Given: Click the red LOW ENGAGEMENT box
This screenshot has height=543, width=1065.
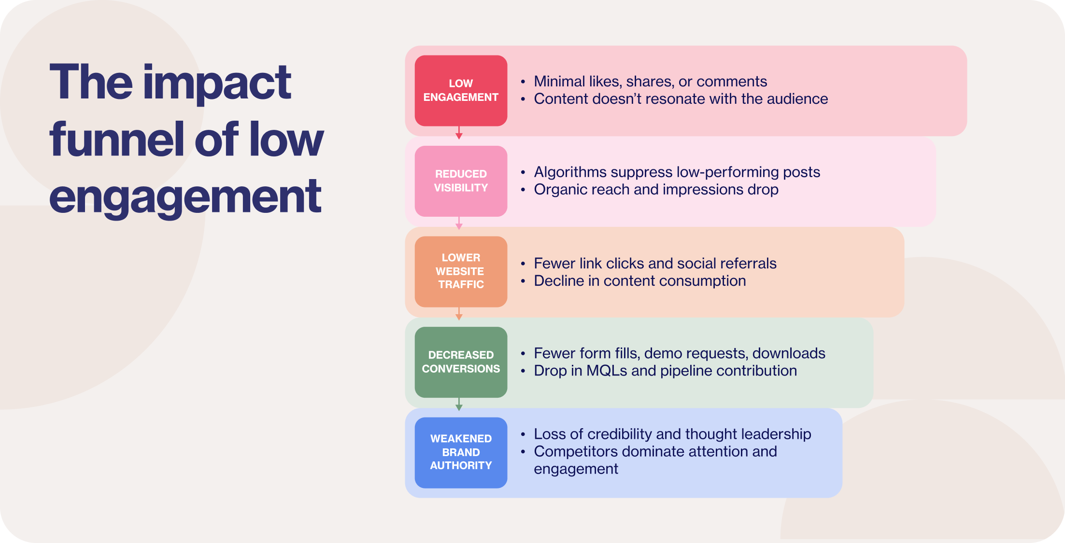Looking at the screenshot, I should click(461, 90).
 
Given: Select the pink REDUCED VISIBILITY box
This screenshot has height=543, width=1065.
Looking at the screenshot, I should click(461, 181).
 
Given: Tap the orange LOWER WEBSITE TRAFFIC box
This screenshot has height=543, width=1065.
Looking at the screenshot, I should click(461, 271).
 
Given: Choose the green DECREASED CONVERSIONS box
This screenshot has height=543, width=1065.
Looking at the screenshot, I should click(461, 362).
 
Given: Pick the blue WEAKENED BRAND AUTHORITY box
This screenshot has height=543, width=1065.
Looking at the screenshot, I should click(461, 452).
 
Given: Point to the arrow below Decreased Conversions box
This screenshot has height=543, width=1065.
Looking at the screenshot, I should click(459, 404).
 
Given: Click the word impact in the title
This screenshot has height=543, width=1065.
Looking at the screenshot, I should click(217, 83).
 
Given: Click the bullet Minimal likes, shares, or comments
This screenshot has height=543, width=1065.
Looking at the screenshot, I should click(650, 82).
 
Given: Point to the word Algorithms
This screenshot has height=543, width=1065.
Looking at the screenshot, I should click(569, 172).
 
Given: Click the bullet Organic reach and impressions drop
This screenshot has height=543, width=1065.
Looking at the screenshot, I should click(656, 190).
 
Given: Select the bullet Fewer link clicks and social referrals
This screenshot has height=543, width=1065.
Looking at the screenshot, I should click(655, 264).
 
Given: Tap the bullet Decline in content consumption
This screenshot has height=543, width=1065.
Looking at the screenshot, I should click(639, 281).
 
